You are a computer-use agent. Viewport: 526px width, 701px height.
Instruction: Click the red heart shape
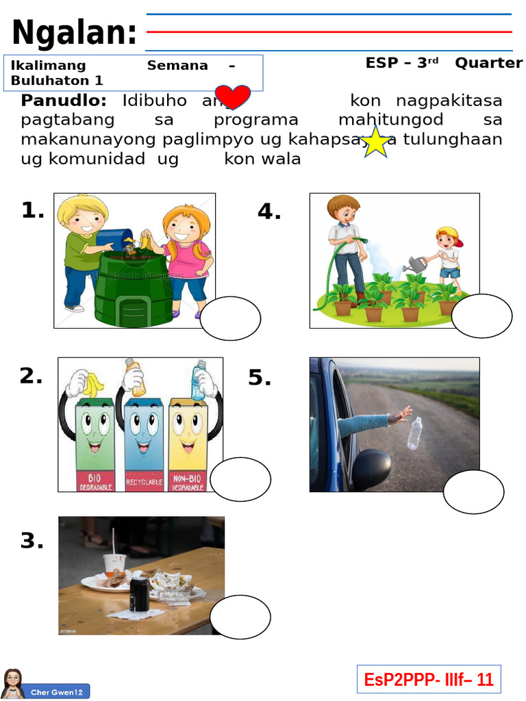(233, 98)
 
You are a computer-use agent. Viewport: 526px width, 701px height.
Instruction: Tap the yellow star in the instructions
(376, 142)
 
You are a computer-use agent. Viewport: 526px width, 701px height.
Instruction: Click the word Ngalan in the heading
(74, 33)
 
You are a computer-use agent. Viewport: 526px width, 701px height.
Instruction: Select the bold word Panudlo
(64, 101)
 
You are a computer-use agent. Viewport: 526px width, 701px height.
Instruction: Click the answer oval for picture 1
(231, 319)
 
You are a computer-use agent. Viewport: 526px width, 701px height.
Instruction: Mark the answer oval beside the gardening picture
(481, 316)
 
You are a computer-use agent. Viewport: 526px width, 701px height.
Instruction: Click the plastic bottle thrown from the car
(415, 433)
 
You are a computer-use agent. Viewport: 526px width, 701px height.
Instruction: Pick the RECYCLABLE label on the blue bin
(144, 482)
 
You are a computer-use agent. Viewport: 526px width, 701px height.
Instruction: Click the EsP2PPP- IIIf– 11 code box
(429, 679)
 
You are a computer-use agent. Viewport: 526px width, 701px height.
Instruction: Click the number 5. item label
(260, 377)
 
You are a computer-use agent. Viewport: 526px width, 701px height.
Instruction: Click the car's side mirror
(372, 468)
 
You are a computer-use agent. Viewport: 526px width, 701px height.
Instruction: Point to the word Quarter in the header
(489, 63)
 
